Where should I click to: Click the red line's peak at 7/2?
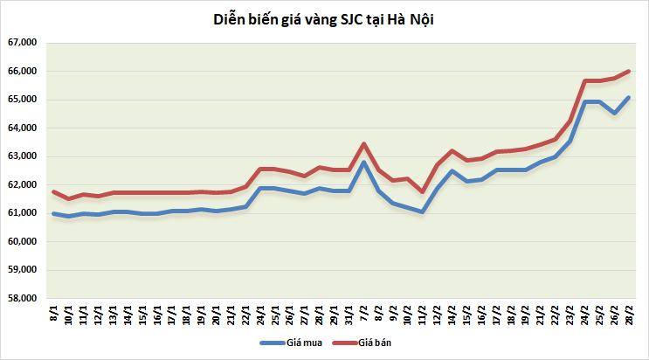363,144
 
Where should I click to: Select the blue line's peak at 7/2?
363,163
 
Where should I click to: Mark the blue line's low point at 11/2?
423,211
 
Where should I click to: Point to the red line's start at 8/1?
54,191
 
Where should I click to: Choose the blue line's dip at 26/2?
614,113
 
